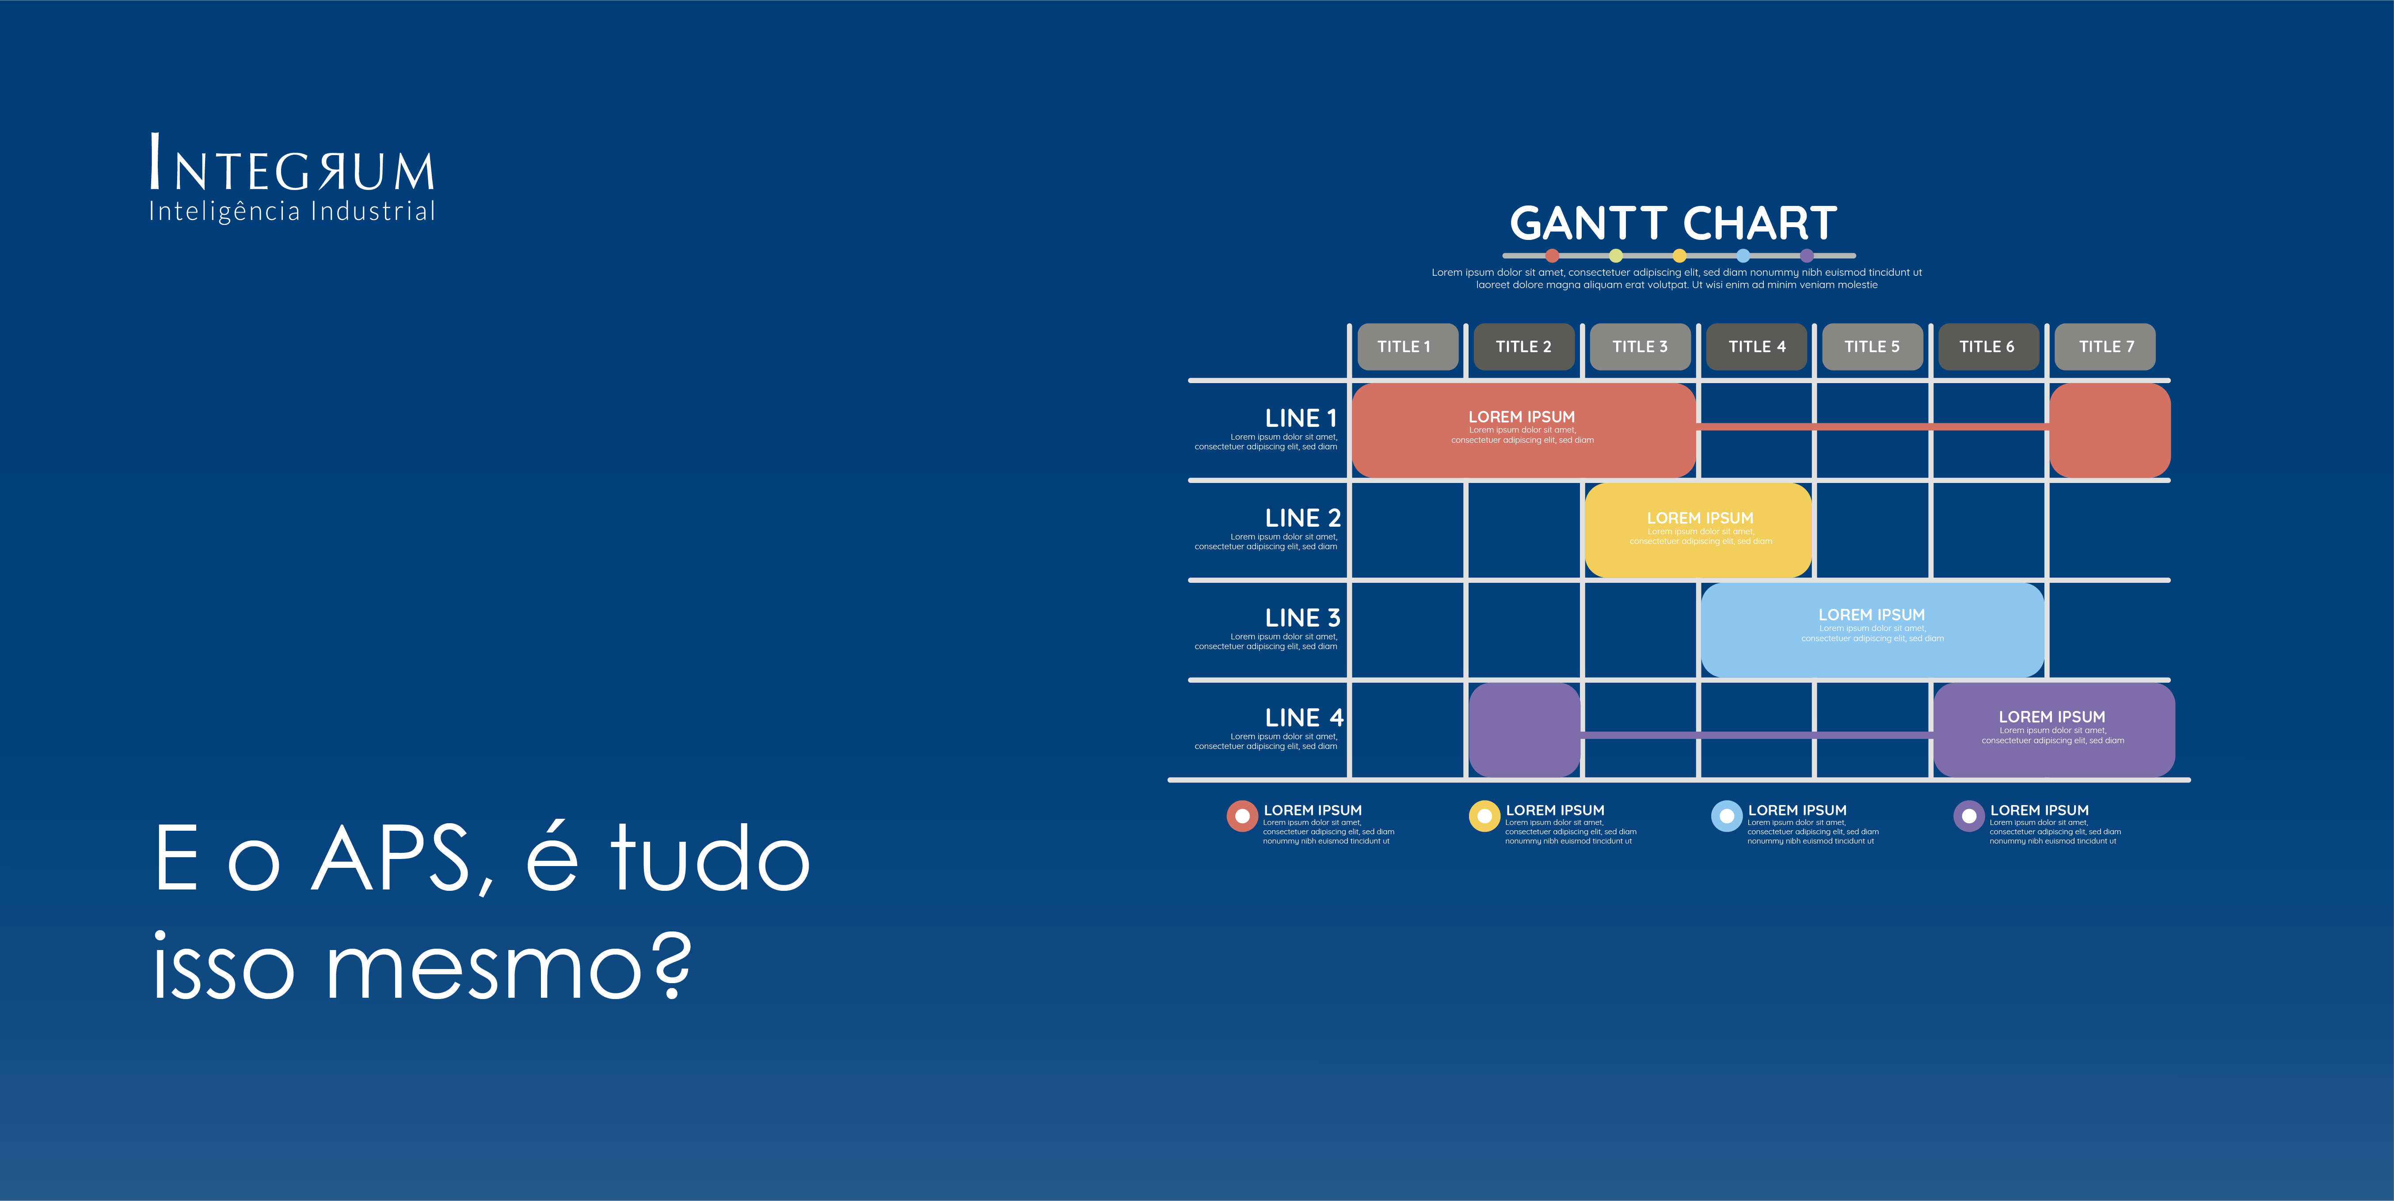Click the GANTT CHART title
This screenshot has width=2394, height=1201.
[x=1673, y=223]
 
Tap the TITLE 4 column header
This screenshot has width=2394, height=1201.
[x=1756, y=346]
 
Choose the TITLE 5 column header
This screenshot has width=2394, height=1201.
[x=1872, y=346]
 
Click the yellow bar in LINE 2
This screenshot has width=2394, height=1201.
[x=1699, y=529]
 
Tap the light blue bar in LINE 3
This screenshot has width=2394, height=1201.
[x=1872, y=629]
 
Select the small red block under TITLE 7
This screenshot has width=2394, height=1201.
[x=2110, y=430]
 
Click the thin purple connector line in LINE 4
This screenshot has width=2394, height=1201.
[x=1756, y=735]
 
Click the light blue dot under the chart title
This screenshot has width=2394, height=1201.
[x=1743, y=255]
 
